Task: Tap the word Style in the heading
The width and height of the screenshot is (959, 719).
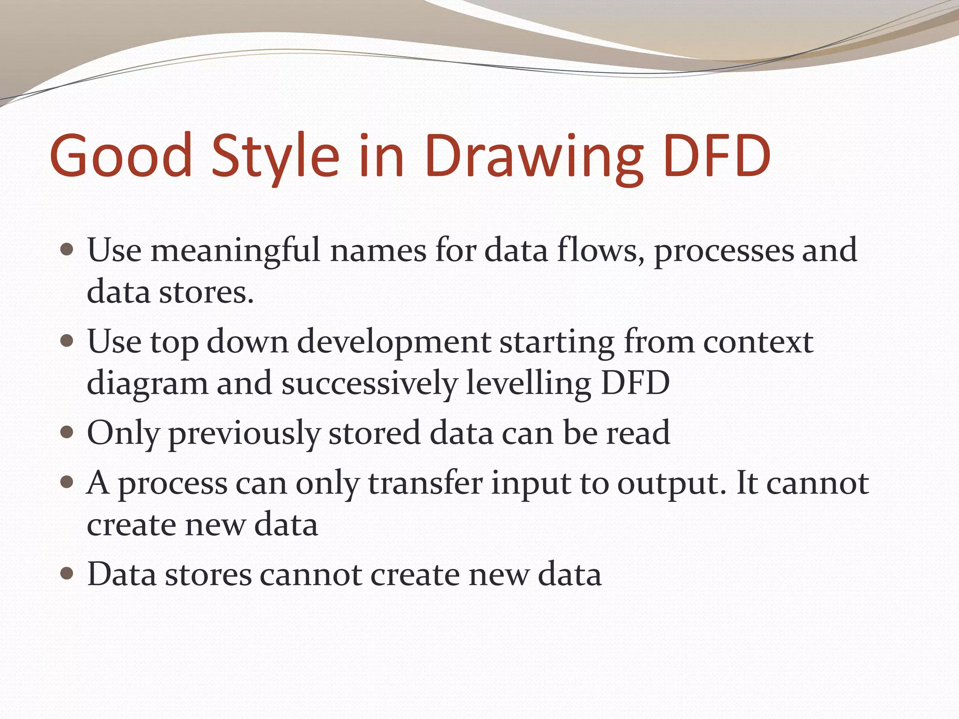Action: point(275,157)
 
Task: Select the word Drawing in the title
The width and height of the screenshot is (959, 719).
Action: point(534,157)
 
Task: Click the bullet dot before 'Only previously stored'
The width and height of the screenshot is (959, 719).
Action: point(67,432)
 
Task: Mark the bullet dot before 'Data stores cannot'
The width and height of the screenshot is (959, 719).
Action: point(67,573)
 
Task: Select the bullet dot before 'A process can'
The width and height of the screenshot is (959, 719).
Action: point(67,482)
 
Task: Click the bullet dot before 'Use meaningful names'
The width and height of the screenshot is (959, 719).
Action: point(67,249)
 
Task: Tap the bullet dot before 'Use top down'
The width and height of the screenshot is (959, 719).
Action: point(67,340)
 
